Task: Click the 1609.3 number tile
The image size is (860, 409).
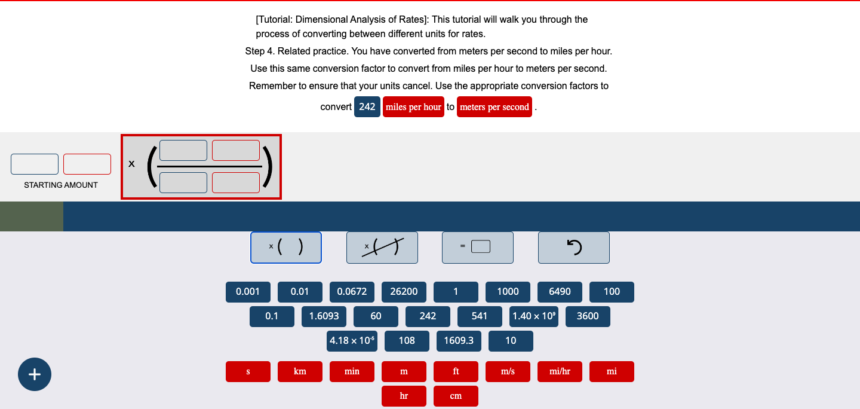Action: [459, 341]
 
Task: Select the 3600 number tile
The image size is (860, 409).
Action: [588, 316]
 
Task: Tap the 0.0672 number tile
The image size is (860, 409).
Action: [352, 292]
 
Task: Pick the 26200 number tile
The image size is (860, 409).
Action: [404, 292]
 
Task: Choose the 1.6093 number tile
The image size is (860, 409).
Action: [324, 316]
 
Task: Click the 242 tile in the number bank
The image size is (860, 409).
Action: [428, 316]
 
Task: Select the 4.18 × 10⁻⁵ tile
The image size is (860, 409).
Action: [352, 341]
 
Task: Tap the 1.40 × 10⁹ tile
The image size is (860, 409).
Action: [534, 316]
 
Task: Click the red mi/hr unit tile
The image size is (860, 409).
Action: [560, 371]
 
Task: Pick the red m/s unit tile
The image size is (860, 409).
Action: [508, 371]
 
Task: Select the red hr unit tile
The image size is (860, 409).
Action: [404, 396]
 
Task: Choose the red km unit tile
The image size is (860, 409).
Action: [300, 371]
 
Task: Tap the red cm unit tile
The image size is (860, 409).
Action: [456, 396]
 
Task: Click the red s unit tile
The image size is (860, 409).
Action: [248, 371]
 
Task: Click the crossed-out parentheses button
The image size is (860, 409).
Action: [382, 248]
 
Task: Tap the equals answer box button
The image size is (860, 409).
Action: [478, 248]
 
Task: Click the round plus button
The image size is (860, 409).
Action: [35, 374]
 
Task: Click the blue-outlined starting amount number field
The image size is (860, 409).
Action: [35, 164]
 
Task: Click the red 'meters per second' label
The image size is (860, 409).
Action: [494, 107]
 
